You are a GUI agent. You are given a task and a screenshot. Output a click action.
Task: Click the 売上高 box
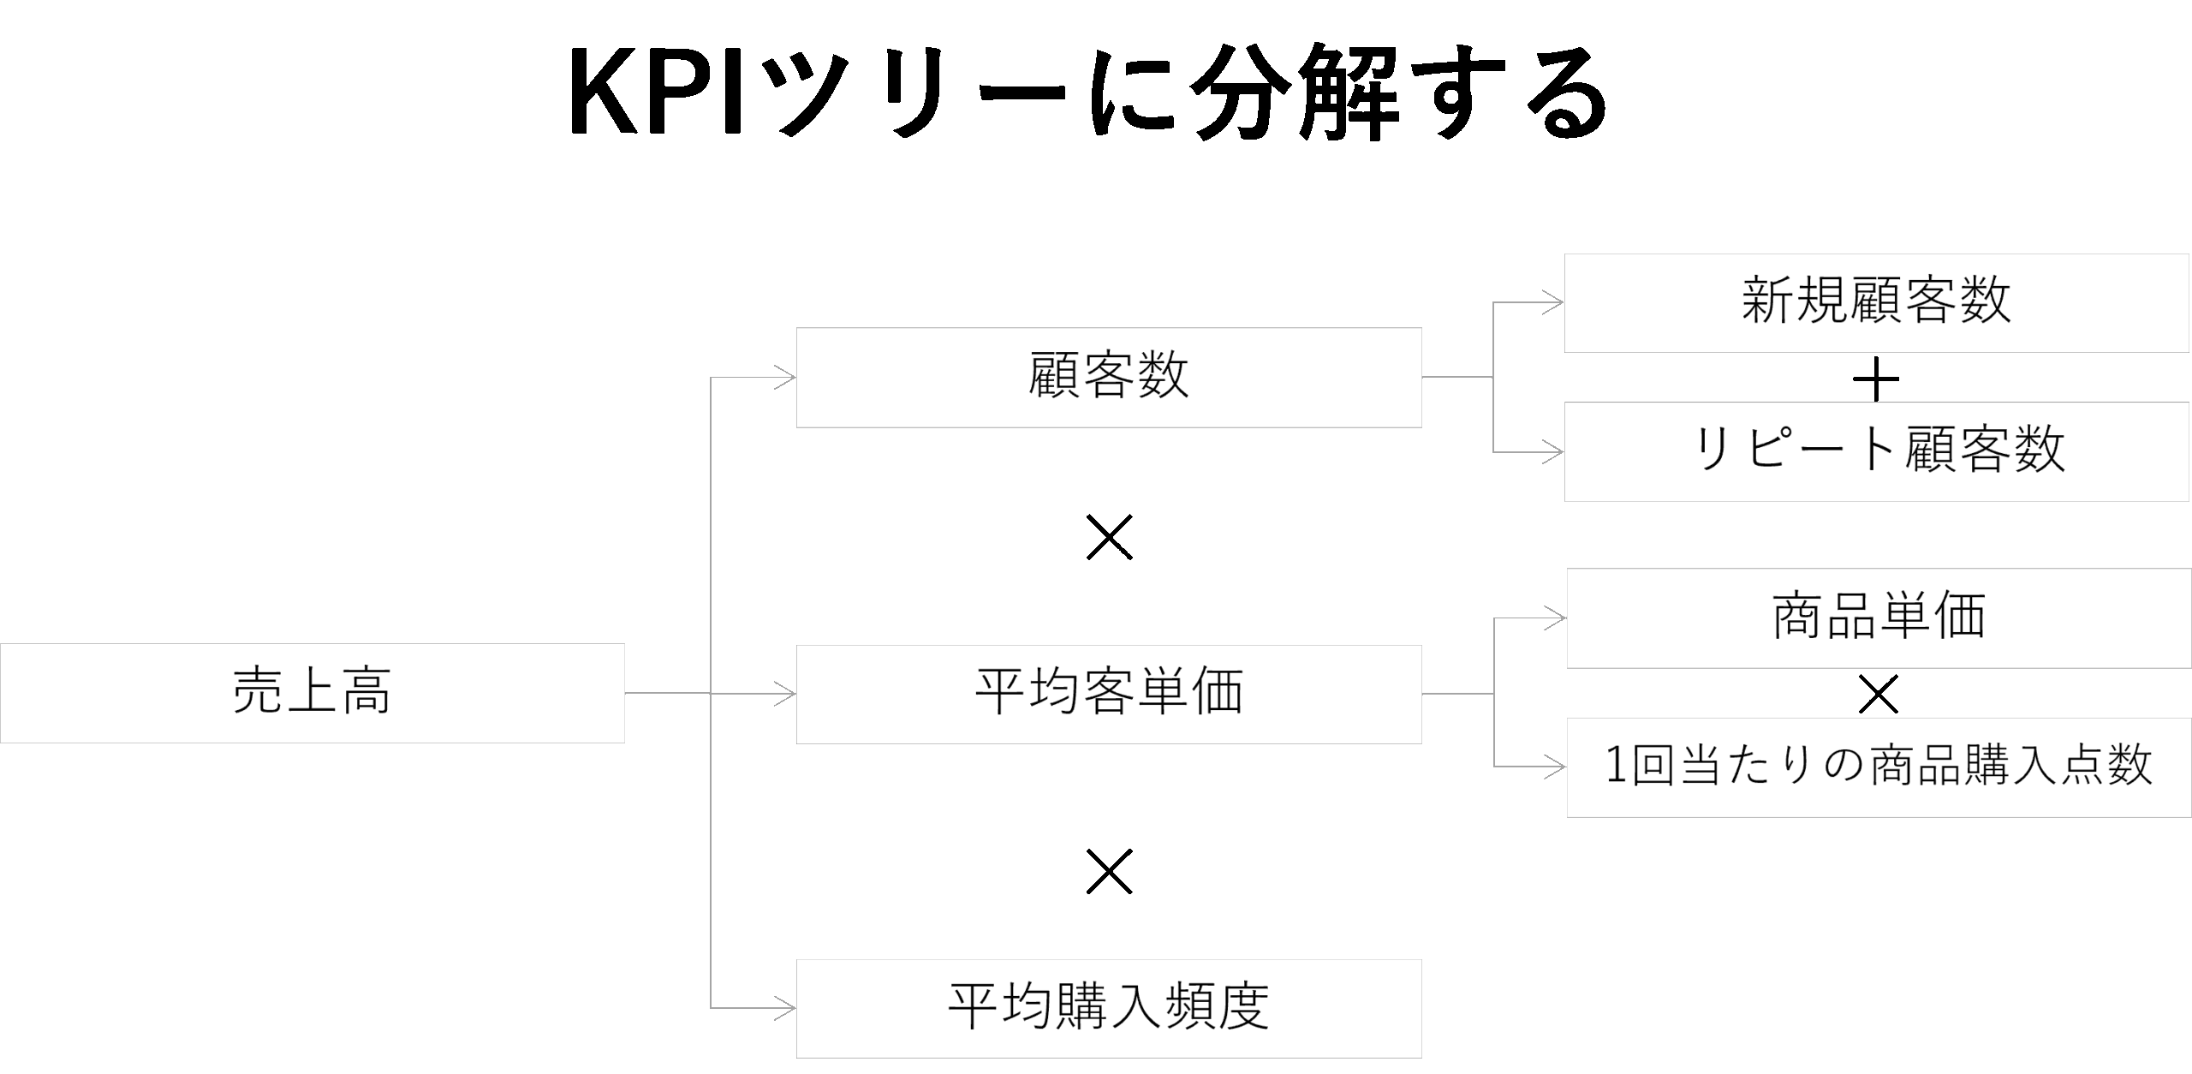click(312, 693)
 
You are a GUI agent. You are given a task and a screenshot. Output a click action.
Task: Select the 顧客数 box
click(1108, 377)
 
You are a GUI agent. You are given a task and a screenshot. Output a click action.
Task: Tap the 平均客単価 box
click(1108, 694)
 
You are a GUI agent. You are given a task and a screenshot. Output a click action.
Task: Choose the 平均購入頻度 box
click(1108, 1008)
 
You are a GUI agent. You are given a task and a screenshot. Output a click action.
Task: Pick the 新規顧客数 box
click(1875, 302)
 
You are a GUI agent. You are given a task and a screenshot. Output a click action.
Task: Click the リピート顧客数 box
click(1875, 451)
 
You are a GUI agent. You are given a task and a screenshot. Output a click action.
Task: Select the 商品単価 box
click(1879, 618)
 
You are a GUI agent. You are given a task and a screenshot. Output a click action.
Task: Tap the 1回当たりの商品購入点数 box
click(1879, 767)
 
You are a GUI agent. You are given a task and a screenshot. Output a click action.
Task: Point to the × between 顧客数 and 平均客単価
click(1109, 537)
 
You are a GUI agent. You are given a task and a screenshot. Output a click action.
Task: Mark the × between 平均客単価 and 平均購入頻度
click(1109, 872)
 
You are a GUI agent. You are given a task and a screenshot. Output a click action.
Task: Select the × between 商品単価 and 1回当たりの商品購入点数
click(1879, 694)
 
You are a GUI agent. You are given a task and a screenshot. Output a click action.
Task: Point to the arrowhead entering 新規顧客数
click(1553, 302)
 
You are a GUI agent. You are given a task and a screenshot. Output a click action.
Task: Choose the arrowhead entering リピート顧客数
click(1553, 451)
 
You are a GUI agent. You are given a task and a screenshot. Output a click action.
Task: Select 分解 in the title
click(1284, 92)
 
